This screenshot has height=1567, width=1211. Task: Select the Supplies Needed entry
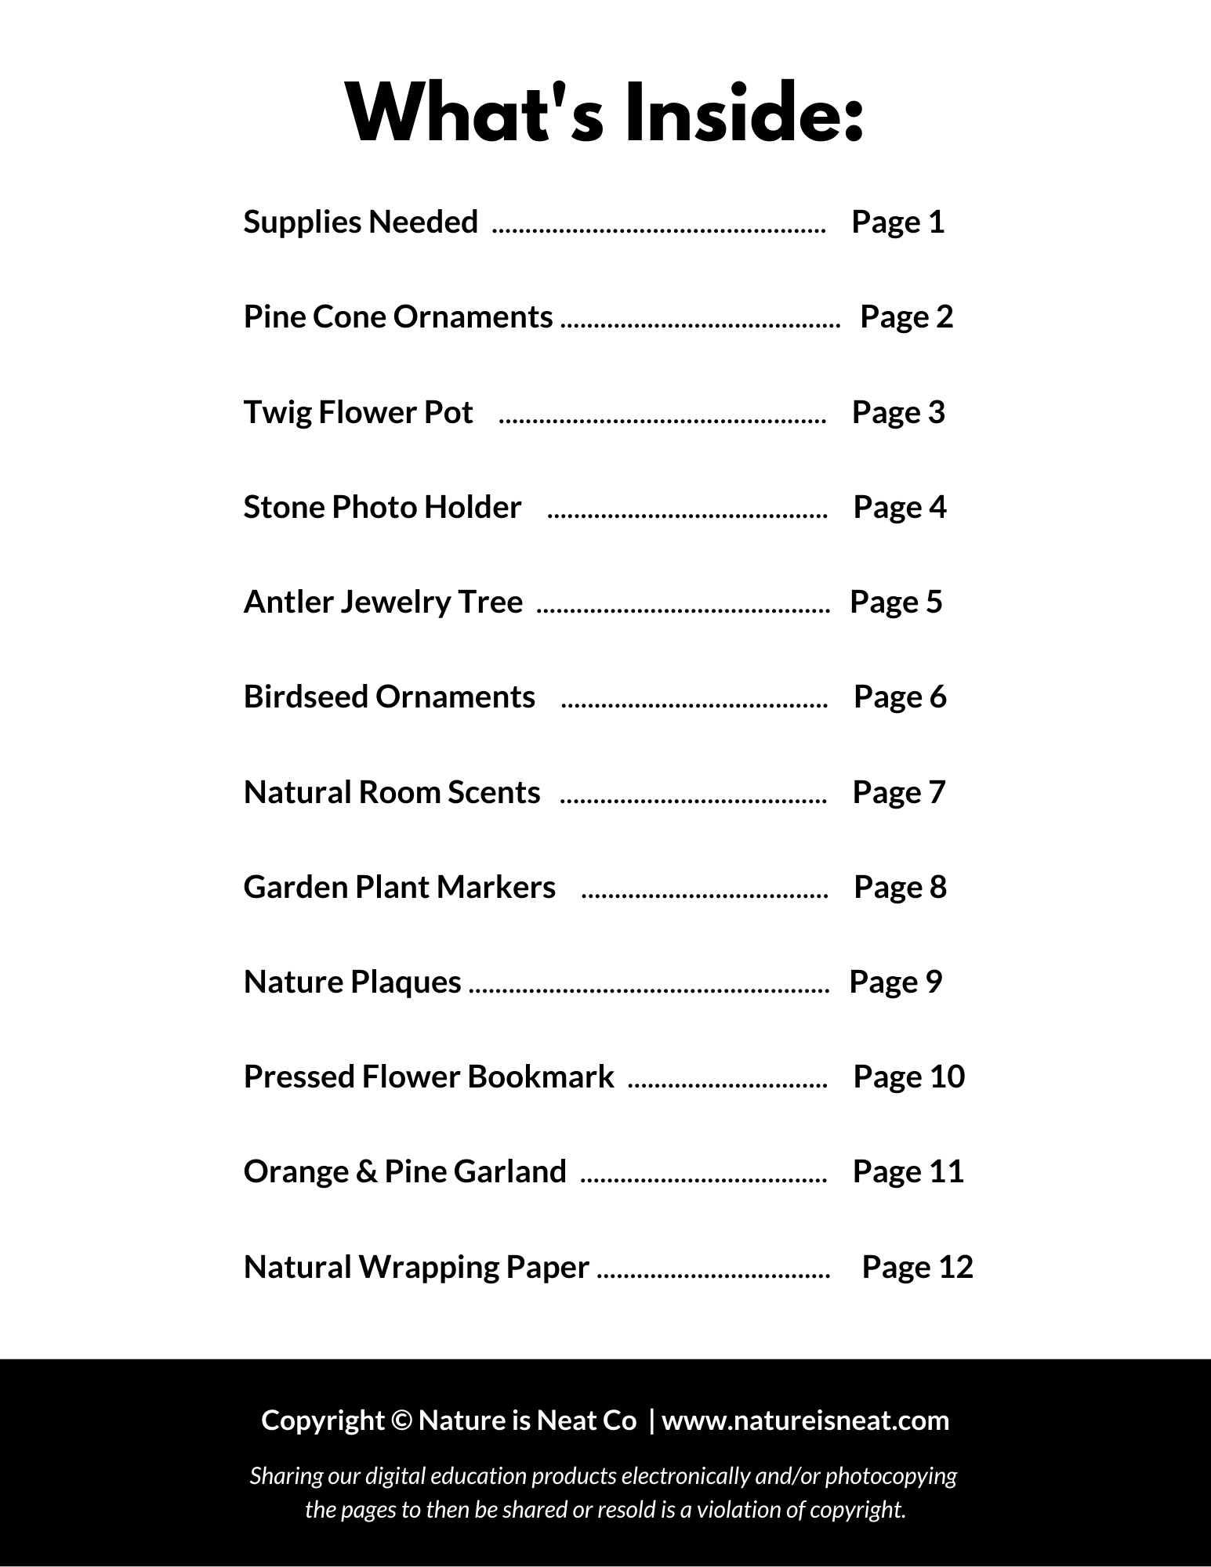[x=361, y=223]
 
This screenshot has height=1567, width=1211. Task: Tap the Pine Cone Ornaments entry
[x=398, y=317]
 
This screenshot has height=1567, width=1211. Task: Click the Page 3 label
[x=898, y=413]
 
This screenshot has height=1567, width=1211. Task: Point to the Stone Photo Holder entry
[x=382, y=508]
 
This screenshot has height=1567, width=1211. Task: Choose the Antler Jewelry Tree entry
[x=383, y=603]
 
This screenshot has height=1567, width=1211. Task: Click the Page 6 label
[x=900, y=697]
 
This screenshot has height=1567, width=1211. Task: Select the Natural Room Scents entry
[x=392, y=792]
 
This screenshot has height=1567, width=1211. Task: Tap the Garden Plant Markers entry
[x=399, y=888]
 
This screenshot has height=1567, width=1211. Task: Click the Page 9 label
[x=895, y=983]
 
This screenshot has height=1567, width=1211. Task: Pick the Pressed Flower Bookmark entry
[x=429, y=1077]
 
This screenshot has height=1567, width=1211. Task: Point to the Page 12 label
[x=917, y=1267]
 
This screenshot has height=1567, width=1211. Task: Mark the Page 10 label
[x=908, y=1077]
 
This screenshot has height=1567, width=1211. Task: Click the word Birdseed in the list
[x=305, y=697]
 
